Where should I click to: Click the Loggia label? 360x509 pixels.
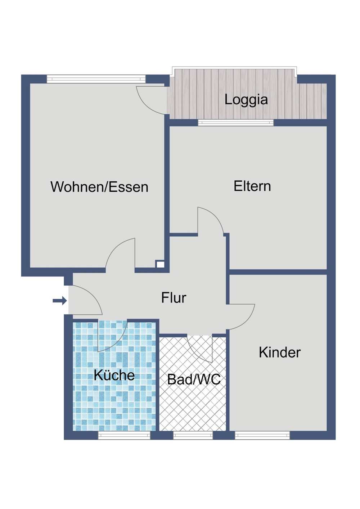(x=246, y=100)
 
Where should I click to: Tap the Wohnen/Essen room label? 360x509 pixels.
(x=99, y=187)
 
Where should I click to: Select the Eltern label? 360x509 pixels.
(x=252, y=186)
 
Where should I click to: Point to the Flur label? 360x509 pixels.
(x=174, y=298)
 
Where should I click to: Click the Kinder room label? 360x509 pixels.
(x=279, y=353)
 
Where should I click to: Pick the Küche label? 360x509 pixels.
(x=114, y=375)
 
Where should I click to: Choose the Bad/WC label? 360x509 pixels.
(x=194, y=380)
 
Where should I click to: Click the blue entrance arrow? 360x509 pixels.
(x=60, y=300)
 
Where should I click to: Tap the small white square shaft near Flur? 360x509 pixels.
(x=160, y=264)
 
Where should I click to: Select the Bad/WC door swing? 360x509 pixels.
(x=200, y=347)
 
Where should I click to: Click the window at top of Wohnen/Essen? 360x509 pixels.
(x=96, y=79)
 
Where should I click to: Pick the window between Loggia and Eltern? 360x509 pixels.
(x=236, y=123)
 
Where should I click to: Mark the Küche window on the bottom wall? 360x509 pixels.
(x=124, y=436)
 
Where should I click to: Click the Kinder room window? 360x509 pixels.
(x=262, y=436)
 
